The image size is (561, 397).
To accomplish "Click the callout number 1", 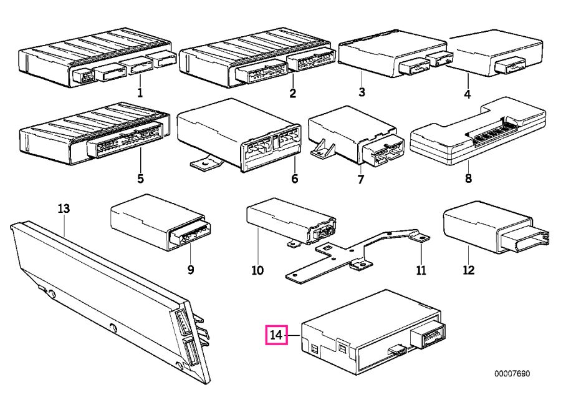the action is point(140,93).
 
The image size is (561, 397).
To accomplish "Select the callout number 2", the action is point(293,94).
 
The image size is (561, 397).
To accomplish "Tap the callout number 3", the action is point(362,92).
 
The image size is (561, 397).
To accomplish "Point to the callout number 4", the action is point(467,94).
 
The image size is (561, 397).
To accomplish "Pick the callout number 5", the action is point(140,178).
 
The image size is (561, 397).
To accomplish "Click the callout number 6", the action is point(294,178).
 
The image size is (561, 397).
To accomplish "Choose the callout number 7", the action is point(360,179).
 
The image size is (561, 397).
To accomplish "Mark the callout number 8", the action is point(468,178).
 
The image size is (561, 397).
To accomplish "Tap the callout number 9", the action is point(190,269).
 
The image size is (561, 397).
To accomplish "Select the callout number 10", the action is point(257,270).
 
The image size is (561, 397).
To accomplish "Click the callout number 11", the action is point(421,270).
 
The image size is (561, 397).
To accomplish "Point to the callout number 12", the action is point(468,270).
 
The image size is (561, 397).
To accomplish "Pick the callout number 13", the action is point(64,208).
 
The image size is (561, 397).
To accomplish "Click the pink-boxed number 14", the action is point(276,335).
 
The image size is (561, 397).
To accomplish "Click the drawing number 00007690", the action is point(512,374).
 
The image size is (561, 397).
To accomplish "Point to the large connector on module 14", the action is point(428,335).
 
